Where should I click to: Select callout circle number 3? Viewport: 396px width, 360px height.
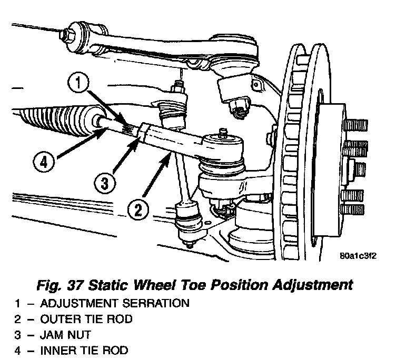[x=105, y=184]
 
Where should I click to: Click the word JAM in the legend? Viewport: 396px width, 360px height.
[x=51, y=334]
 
